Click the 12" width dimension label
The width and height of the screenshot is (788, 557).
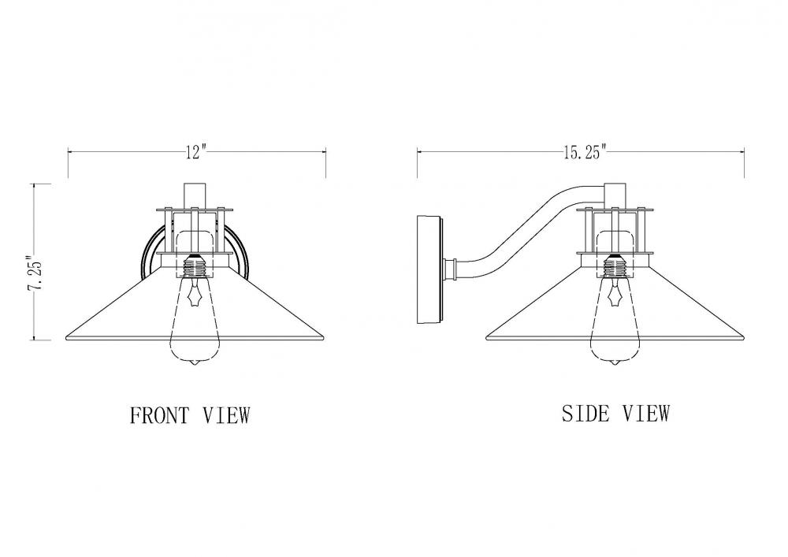point(196,151)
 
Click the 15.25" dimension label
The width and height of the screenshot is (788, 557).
point(585,151)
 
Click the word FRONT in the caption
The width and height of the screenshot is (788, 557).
point(160,415)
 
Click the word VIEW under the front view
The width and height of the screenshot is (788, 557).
point(226,415)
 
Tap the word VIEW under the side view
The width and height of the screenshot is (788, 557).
point(646,414)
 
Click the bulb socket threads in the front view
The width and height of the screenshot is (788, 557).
point(196,267)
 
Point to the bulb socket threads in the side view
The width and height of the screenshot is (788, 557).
point(615,267)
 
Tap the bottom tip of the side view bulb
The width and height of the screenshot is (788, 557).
point(615,366)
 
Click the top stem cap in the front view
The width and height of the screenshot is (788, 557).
point(195,196)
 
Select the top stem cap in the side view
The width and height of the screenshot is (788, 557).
point(615,196)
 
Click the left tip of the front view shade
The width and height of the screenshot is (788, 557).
point(66,339)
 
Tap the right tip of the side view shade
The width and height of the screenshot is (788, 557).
point(744,338)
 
